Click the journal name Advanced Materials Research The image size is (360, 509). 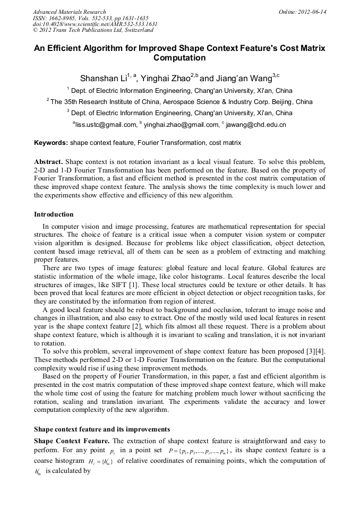point(69,12)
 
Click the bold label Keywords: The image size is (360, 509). point(51,143)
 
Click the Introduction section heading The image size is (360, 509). point(54,214)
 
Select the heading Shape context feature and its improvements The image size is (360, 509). point(102,429)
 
